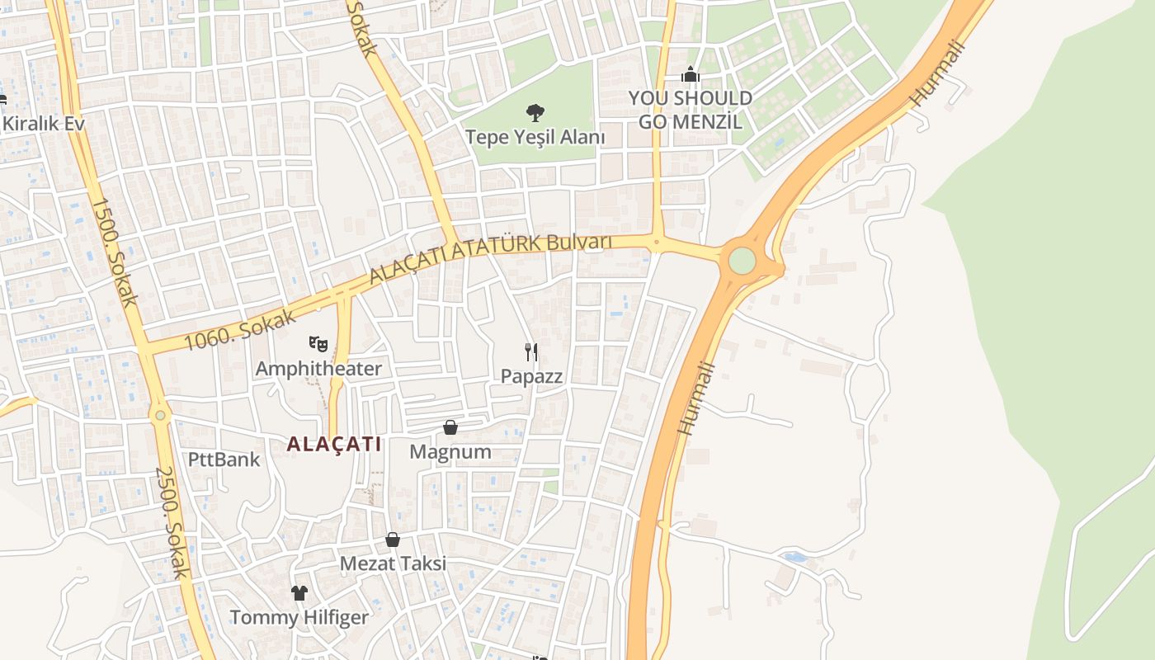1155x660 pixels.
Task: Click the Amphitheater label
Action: tap(318, 369)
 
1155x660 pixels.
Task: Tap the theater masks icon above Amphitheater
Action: tap(318, 343)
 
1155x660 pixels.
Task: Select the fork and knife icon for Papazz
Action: tap(532, 352)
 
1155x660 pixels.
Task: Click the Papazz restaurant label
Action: tap(532, 377)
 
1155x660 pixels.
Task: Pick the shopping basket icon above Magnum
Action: tap(450, 427)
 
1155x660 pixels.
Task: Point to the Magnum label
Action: tap(450, 452)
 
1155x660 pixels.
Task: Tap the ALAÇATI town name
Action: tap(334, 444)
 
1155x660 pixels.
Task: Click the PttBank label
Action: tap(224, 460)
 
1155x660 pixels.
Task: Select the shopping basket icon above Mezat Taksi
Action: tap(393, 540)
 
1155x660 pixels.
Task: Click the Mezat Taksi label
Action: tap(394, 563)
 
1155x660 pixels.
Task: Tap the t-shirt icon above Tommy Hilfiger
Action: tap(299, 592)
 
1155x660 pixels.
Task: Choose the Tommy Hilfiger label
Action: tap(299, 617)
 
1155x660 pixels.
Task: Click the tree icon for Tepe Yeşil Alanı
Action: tap(535, 112)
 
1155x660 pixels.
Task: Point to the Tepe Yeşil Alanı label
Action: tap(535, 137)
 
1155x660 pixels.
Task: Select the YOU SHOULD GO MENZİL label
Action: tap(691, 111)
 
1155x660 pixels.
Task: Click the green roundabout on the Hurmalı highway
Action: tap(742, 261)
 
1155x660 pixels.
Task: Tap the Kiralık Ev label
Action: tap(44, 124)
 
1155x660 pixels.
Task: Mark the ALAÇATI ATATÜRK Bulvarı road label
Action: tap(490, 257)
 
